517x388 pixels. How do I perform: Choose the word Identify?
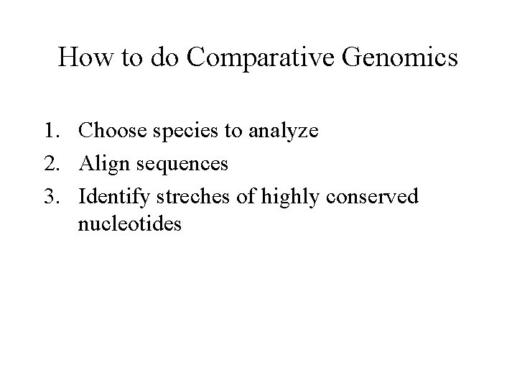[113, 196]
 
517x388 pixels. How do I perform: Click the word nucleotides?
[131, 224]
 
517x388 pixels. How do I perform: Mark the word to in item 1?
[236, 132]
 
